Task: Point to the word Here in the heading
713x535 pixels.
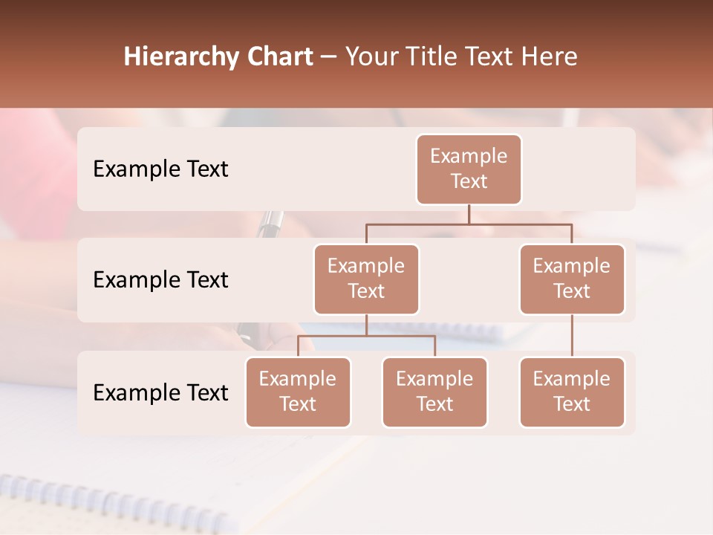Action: pyautogui.click(x=550, y=57)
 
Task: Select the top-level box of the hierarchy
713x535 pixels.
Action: pyautogui.click(x=469, y=169)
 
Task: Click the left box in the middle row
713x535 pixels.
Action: pyautogui.click(x=366, y=279)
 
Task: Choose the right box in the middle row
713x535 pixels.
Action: pyautogui.click(x=572, y=279)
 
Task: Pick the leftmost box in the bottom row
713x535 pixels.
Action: pyautogui.click(x=298, y=392)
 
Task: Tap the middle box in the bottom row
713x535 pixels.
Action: pyautogui.click(x=434, y=392)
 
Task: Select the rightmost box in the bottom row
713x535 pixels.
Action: pyautogui.click(x=572, y=392)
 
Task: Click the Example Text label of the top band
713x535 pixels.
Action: pyautogui.click(x=160, y=169)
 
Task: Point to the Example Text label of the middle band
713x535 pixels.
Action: pyautogui.click(x=160, y=280)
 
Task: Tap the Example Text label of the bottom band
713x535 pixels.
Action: pyautogui.click(x=160, y=392)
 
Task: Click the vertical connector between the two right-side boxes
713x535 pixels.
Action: pyautogui.click(x=572, y=336)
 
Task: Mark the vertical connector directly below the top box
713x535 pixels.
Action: pyautogui.click(x=469, y=214)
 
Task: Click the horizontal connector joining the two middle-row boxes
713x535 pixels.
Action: pyautogui.click(x=469, y=224)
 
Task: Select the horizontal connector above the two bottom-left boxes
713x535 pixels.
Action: pyautogui.click(x=366, y=336)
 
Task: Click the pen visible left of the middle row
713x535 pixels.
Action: pyautogui.click(x=271, y=223)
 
